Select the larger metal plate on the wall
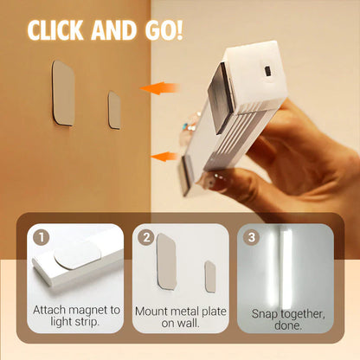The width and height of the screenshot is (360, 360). click(x=62, y=92)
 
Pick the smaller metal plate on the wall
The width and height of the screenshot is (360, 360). click(x=114, y=110)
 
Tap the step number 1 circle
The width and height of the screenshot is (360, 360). click(x=40, y=235)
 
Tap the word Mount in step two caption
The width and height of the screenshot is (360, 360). click(x=153, y=310)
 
